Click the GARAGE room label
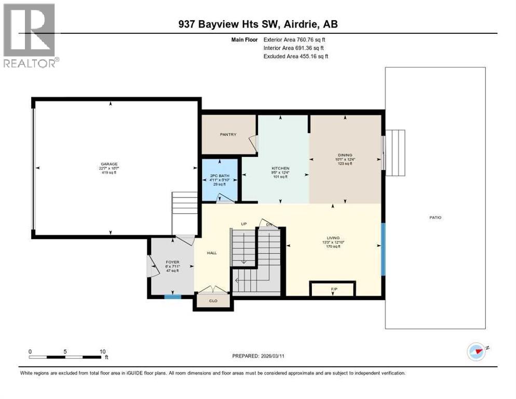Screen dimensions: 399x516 click(x=110, y=164)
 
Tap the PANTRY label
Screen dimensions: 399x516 click(x=228, y=135)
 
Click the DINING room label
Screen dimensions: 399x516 click(x=345, y=155)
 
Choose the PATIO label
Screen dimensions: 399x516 click(x=435, y=217)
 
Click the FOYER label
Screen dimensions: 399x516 click(x=172, y=262)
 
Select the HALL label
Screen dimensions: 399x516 click(x=212, y=253)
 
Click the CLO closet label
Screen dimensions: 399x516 click(x=212, y=300)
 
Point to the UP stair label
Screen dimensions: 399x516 click(x=243, y=224)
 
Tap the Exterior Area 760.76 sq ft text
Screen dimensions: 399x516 click(x=294, y=39)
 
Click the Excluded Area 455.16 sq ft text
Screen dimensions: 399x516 click(x=295, y=56)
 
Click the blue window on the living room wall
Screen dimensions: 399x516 click(x=383, y=249)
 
